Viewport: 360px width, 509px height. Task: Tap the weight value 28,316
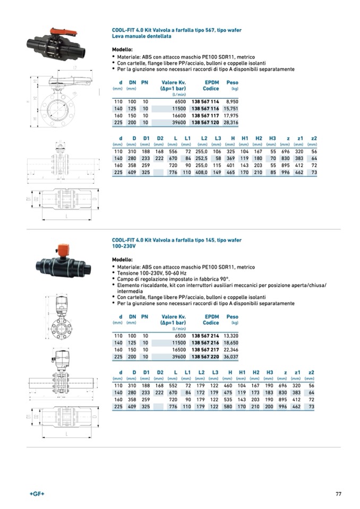tap(232, 122)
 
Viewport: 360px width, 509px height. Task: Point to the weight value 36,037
tap(232, 357)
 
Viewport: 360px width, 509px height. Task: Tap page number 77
tap(338, 494)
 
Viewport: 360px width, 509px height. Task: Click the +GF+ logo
tap(37, 494)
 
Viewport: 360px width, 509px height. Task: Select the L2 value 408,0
tap(202, 172)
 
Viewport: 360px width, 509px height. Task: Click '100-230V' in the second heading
tap(124, 246)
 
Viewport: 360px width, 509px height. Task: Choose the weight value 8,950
tap(232, 101)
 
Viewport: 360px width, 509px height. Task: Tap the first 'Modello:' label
tap(122, 49)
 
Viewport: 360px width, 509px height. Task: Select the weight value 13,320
tap(232, 336)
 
